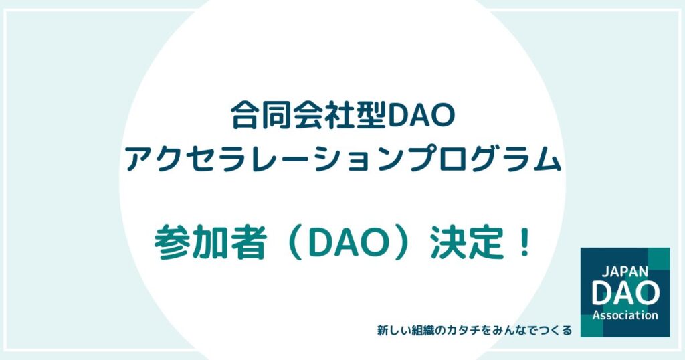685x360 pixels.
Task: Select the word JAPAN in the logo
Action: click(x=625, y=271)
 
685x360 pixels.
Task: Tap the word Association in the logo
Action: click(x=625, y=315)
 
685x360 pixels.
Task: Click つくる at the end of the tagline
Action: click(x=557, y=331)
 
